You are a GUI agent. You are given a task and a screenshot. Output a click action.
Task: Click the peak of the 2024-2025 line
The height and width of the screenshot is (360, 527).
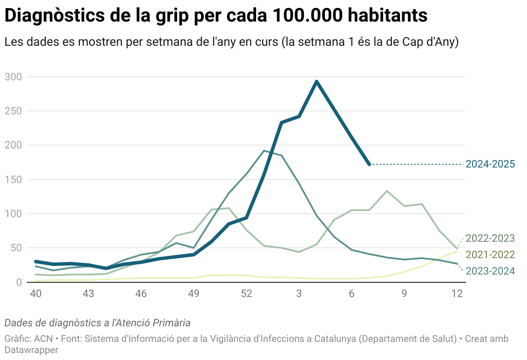point(317,81)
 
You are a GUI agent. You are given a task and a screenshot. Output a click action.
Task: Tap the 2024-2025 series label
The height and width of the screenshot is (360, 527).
point(490,164)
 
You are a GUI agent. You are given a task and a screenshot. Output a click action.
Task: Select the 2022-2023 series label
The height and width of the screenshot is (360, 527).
point(490,238)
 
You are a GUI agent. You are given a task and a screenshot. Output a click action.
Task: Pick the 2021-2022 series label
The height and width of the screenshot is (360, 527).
point(490,255)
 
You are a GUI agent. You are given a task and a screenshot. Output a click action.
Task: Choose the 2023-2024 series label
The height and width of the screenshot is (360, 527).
point(490,271)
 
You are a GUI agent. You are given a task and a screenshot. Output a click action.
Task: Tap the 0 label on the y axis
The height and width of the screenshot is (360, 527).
point(19,282)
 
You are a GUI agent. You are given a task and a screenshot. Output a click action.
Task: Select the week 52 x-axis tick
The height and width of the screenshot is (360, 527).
point(246,294)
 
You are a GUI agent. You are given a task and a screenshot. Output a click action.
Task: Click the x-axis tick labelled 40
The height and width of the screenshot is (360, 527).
point(35,294)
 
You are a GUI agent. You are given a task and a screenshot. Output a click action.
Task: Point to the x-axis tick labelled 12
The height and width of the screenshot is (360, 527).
point(457,294)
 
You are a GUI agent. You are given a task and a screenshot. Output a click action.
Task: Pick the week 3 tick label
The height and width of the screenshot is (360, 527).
point(299,294)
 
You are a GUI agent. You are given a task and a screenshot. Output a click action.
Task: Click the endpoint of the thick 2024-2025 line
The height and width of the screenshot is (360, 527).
point(369,164)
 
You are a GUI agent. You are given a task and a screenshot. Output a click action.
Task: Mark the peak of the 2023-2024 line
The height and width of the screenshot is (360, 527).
point(264,151)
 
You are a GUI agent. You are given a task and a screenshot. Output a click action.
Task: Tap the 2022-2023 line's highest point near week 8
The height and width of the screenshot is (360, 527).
point(387,191)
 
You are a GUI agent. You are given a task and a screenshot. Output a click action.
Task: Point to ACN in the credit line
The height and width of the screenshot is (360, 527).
point(44,339)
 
